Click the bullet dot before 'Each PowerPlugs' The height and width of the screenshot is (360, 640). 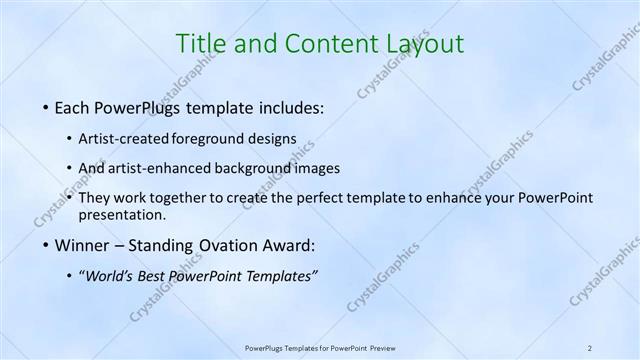[47, 107]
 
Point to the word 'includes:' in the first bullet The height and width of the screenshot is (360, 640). [292, 107]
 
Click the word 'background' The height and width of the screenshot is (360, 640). [256, 168]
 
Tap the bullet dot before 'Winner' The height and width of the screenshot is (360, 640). [47, 246]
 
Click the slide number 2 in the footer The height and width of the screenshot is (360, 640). [590, 347]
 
